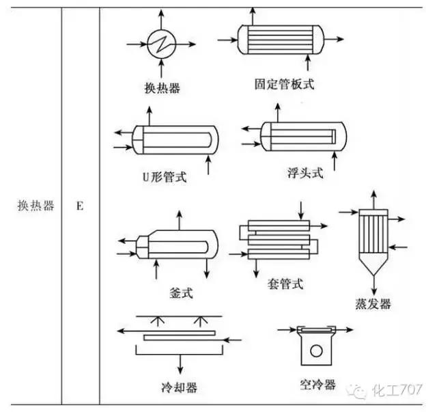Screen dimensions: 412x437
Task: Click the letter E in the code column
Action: tap(80, 205)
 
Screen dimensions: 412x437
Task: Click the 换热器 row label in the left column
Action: tap(36, 205)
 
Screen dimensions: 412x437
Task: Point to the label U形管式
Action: tap(164, 178)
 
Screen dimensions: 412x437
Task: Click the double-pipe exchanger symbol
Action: tap(280, 239)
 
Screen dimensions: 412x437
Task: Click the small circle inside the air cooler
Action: tap(315, 353)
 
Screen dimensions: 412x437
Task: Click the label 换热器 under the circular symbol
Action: tap(162, 87)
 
